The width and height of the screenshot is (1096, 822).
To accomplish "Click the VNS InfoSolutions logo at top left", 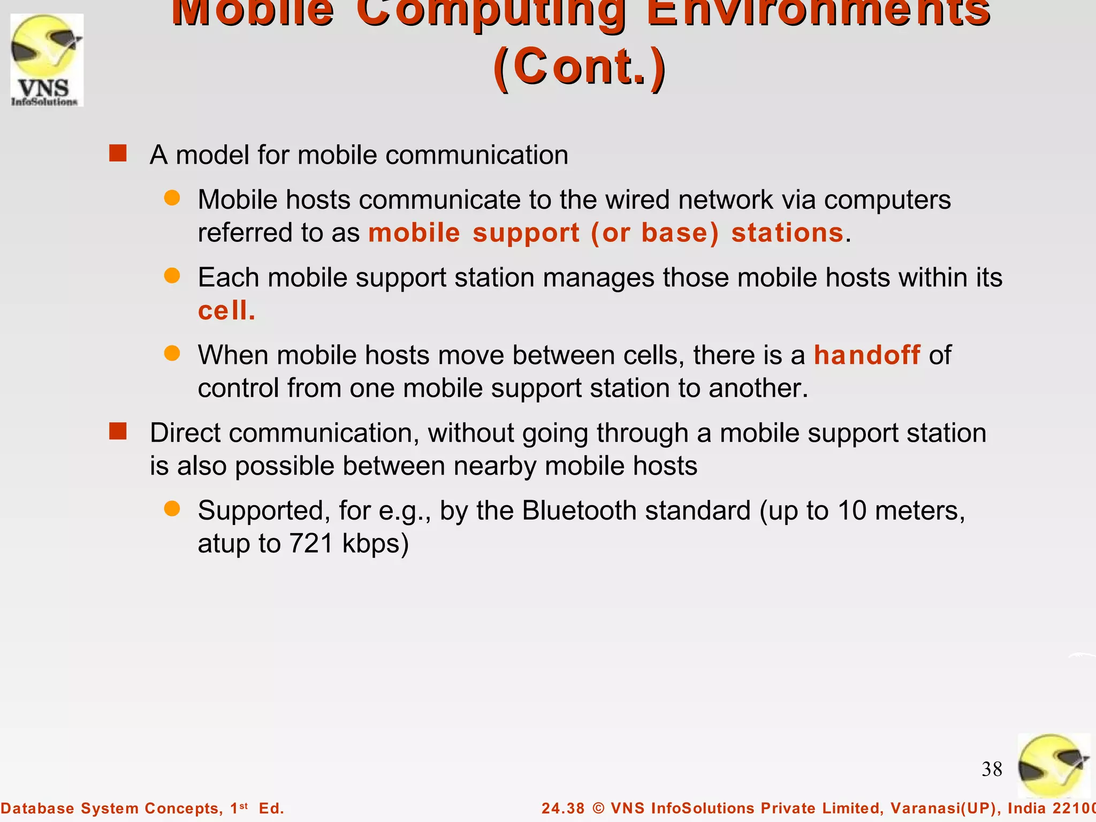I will (47, 60).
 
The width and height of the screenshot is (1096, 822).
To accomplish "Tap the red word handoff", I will (867, 355).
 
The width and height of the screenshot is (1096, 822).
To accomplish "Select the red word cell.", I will (226, 311).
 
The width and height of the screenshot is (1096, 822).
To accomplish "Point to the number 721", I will (311, 544).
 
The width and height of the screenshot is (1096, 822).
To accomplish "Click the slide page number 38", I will (992, 769).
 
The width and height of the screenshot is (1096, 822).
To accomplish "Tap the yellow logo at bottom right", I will (1053, 766).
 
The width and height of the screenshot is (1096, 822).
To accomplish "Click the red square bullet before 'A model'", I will (118, 153).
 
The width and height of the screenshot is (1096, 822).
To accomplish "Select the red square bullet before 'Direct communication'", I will (118, 431).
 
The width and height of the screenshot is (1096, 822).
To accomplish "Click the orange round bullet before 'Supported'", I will (172, 508).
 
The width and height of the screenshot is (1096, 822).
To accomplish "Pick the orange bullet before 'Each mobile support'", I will (172, 276).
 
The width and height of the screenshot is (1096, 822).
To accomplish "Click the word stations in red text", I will (787, 233).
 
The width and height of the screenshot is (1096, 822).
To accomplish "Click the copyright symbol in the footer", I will (598, 808).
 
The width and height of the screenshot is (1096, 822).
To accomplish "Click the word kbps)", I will (375, 544).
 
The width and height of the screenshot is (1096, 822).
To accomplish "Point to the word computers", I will (887, 200).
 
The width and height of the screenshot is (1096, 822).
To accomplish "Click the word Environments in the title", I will (818, 12).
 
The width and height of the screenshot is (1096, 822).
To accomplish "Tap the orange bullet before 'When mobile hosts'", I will (172, 353).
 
